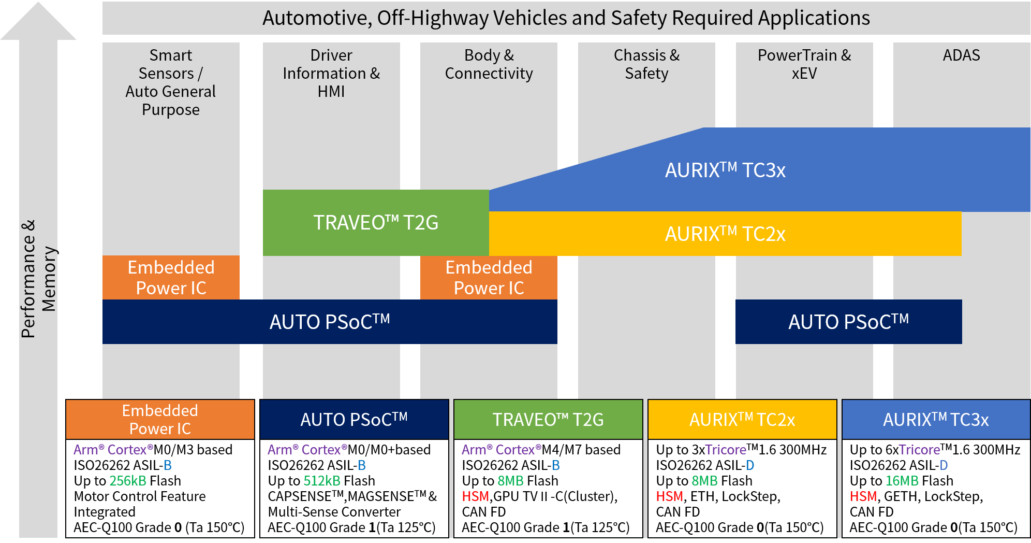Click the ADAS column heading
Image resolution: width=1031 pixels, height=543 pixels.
(961, 55)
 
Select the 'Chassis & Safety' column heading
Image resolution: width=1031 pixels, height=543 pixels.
(646, 64)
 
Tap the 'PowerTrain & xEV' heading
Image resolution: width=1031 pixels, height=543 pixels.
(804, 64)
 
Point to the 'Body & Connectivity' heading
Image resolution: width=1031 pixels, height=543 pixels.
(489, 64)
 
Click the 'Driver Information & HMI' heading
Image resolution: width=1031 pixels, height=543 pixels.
(331, 73)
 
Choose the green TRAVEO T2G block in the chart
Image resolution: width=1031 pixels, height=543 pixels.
(376, 223)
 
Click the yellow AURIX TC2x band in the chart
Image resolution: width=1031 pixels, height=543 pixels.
(725, 234)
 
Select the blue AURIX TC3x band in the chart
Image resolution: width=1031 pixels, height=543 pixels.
(725, 170)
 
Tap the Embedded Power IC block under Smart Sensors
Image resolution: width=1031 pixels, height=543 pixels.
(171, 278)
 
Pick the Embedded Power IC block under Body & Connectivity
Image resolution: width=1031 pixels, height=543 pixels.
(489, 278)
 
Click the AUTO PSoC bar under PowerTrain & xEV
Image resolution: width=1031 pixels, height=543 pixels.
(848, 322)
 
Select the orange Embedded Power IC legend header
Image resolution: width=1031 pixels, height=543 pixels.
(160, 420)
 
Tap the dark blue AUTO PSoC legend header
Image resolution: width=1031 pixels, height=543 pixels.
(354, 420)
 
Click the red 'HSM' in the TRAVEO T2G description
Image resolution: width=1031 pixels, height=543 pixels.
(475, 496)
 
